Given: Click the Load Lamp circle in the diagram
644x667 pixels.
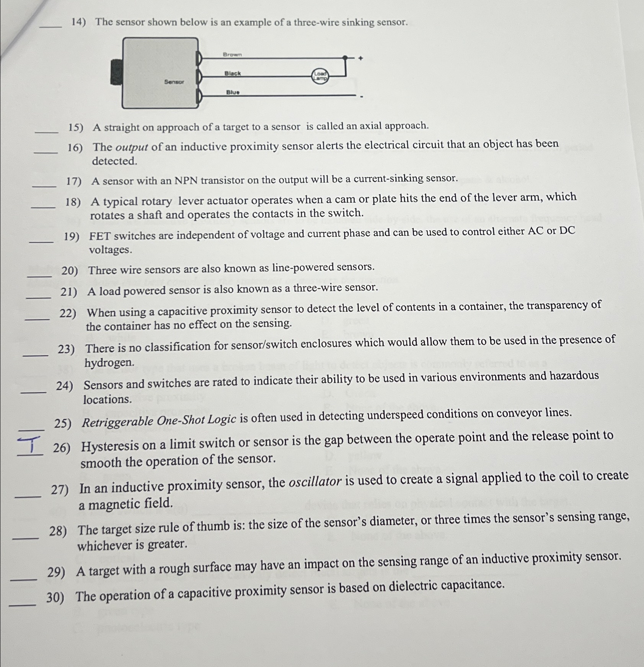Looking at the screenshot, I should (x=320, y=76).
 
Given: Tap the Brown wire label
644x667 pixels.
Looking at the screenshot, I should (x=232, y=55).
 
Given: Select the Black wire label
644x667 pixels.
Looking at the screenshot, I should (x=233, y=73).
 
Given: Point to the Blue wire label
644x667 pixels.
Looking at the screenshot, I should (x=233, y=92).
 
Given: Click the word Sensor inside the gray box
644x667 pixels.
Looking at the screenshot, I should (x=174, y=82).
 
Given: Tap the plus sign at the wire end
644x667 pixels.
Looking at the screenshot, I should (x=360, y=59).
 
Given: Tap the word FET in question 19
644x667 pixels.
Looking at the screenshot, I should (x=100, y=236).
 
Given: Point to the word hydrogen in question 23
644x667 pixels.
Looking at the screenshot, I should (x=109, y=362).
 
